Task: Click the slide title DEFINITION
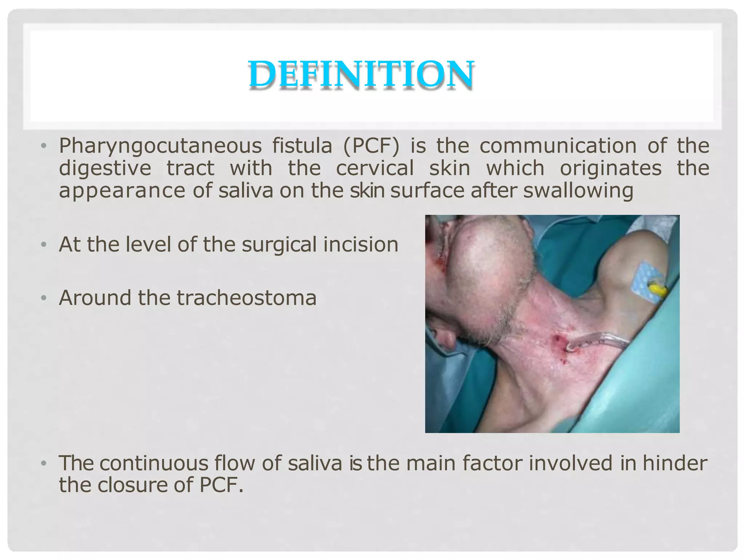(x=361, y=74)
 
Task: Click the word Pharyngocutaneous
(x=160, y=146)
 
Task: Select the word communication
(x=558, y=146)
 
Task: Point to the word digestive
(x=105, y=169)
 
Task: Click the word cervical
(x=375, y=168)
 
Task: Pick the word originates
(x=610, y=168)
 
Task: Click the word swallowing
(x=578, y=191)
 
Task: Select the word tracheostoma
(x=247, y=298)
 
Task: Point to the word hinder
(x=675, y=463)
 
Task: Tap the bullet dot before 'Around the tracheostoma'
(x=44, y=298)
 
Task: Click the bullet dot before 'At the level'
(x=44, y=245)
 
